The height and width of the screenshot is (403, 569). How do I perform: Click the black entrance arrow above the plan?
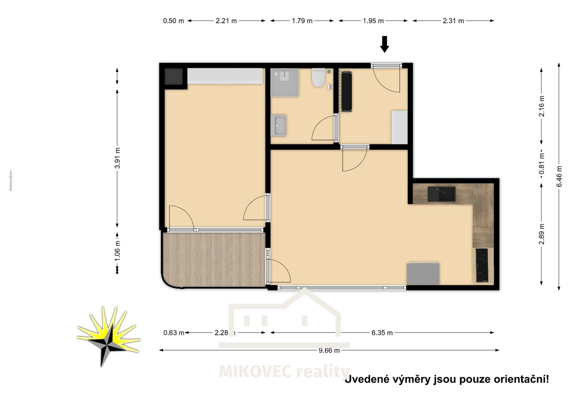384,44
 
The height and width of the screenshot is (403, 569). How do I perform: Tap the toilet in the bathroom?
318,78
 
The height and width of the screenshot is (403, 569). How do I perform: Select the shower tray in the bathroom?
284,82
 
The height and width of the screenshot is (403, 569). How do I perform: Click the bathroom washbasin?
279,125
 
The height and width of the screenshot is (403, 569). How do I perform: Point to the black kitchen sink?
442,194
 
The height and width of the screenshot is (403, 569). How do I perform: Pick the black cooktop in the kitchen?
482,265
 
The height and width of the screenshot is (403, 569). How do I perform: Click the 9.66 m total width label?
329,350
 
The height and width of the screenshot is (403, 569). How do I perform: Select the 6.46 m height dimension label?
559,176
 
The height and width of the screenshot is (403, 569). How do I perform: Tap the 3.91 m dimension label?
117,158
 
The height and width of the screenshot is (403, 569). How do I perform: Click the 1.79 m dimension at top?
302,21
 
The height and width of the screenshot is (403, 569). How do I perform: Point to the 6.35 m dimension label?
382,333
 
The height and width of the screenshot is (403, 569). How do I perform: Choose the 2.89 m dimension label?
541,234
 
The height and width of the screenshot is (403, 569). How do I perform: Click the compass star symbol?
108,337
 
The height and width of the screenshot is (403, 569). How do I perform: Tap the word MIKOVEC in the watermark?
255,372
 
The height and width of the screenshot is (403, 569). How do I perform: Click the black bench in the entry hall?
346,91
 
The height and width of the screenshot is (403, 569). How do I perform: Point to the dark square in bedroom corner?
173,76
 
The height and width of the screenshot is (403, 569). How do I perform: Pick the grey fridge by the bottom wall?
423,274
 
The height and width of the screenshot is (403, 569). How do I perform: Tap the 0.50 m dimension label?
173,21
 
